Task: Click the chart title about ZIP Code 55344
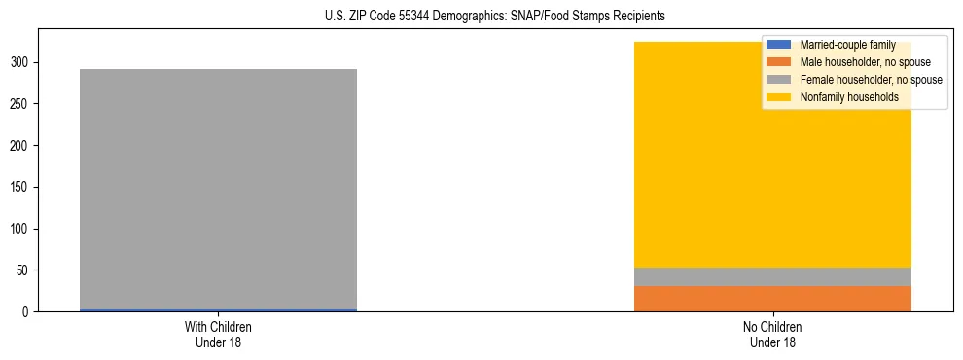(481, 17)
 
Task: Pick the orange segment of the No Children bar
(772, 299)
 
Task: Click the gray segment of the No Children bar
(772, 276)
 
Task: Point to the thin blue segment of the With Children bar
(218, 310)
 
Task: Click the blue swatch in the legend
(779, 45)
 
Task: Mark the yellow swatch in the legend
(779, 97)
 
